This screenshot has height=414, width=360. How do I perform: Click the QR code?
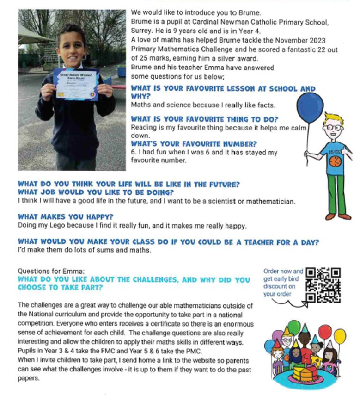(x=323, y=284)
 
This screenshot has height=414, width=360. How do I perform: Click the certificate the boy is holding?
(x=75, y=84)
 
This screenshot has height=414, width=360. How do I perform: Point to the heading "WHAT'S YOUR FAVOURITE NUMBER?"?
(x=194, y=144)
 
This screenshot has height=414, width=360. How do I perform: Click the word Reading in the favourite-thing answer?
(x=143, y=127)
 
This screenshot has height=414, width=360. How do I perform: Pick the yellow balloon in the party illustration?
(x=340, y=336)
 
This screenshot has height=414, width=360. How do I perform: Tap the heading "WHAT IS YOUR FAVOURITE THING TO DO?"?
(x=204, y=119)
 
